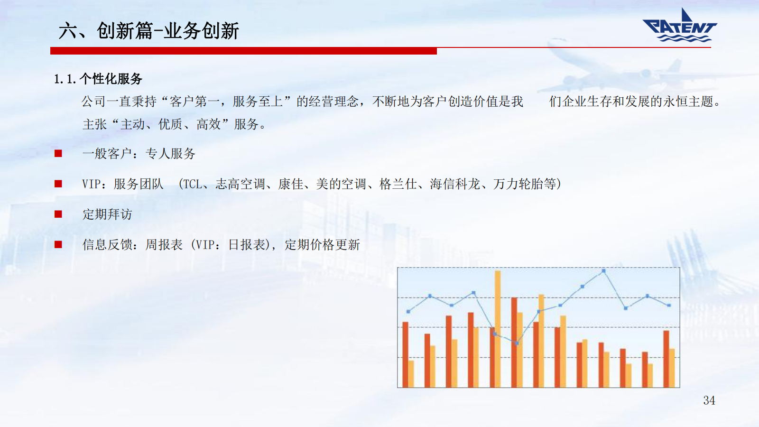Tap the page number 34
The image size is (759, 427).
709,400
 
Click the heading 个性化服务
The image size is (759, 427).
111,79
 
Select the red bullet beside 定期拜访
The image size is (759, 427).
58,214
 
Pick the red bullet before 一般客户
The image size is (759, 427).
58,154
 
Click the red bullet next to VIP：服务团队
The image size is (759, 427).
58,184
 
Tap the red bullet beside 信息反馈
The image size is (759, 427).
58,244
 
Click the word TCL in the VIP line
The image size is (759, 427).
193,184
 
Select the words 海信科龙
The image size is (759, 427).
455,184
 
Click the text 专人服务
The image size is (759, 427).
170,154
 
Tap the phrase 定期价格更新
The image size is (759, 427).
322,245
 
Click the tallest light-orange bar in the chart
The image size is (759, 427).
498,329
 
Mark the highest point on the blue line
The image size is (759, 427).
603,271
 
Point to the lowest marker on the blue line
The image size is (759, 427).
517,343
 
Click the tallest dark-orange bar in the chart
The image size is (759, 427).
514,342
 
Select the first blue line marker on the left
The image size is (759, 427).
408,311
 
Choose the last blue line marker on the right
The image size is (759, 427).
669,306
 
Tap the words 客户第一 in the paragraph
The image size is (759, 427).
195,102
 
